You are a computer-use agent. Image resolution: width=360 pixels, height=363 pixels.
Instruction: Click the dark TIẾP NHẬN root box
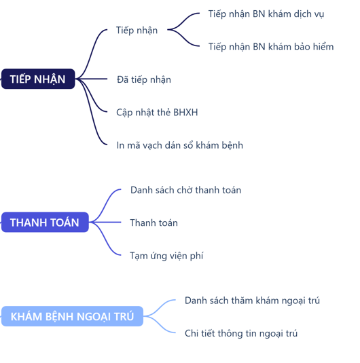[38, 79]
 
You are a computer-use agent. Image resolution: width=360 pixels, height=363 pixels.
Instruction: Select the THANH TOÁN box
[45, 223]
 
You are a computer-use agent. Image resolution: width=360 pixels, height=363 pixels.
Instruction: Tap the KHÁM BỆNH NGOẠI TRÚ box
[72, 316]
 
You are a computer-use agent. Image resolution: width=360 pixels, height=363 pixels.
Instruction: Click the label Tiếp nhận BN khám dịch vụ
[266, 14]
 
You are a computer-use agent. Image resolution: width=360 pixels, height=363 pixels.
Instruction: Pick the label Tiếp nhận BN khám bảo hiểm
[271, 47]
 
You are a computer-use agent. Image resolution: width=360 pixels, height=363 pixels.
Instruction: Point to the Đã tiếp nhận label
[144, 79]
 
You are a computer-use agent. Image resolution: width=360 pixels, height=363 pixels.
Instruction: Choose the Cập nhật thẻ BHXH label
[157, 113]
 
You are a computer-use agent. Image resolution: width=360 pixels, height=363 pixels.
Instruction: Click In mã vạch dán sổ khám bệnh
[179, 145]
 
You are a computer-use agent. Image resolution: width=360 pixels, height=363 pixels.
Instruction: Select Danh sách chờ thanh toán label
[185, 190]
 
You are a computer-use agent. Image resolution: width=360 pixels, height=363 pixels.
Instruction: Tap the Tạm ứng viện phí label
[166, 256]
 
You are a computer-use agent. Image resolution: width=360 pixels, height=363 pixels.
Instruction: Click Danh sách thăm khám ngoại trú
[252, 301]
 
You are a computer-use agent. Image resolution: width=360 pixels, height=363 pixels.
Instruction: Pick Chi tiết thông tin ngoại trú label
[241, 334]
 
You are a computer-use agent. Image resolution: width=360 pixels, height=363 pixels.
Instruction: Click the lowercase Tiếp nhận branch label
[137, 31]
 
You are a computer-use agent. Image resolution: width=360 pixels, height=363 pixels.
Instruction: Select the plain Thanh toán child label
[154, 223]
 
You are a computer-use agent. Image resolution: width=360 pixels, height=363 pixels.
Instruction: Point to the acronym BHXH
[185, 112]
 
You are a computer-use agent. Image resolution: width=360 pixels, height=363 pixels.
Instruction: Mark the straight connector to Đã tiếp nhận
[91, 79]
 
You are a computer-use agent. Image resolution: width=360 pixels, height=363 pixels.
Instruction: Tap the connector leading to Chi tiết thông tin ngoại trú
[160, 326]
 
